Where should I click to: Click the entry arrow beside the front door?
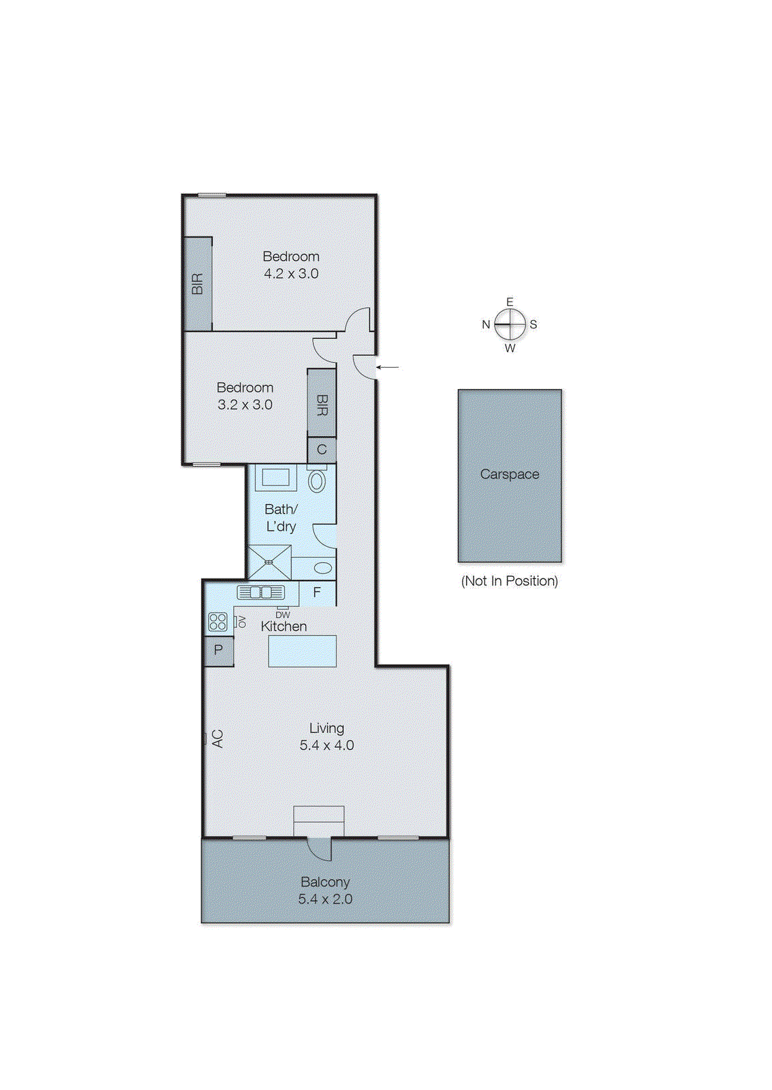point(388,367)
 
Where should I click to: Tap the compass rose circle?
point(510,324)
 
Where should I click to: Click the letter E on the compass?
point(510,302)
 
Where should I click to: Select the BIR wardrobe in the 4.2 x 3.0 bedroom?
point(198,283)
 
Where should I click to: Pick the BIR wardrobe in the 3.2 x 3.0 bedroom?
point(322,403)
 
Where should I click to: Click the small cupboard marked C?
point(322,450)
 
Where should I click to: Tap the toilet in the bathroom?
point(317,480)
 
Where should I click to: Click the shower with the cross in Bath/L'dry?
point(269,562)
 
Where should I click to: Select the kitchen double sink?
point(261,593)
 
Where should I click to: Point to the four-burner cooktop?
point(218,621)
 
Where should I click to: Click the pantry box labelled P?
point(219,650)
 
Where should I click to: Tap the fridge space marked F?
point(317,593)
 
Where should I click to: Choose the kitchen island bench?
point(303,651)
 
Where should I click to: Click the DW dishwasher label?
point(283,614)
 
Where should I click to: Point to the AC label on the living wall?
point(217,738)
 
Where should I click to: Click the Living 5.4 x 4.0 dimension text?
point(326,745)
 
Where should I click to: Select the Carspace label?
point(509,474)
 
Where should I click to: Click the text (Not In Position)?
point(509,581)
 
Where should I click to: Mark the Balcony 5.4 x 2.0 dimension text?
point(325,899)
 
